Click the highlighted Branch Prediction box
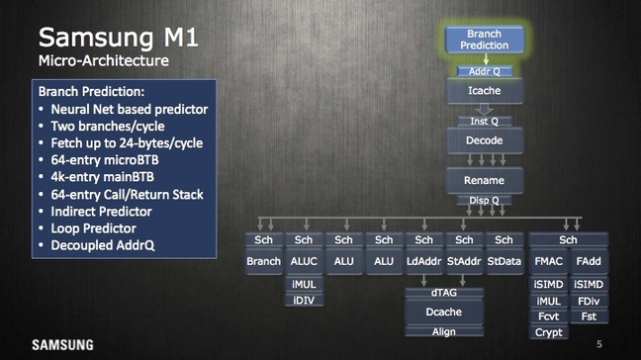[x=485, y=40]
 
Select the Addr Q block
[x=485, y=71]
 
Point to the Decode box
[x=485, y=141]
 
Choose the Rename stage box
[x=485, y=181]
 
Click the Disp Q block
[x=485, y=200]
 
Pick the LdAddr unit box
[x=423, y=261]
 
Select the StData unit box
[x=504, y=261]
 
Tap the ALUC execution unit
[x=304, y=261]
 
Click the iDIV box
[x=304, y=301]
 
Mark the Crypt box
[x=549, y=333]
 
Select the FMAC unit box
[x=549, y=261]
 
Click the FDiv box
[x=589, y=301]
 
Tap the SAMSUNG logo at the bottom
[x=62, y=345]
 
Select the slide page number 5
[x=598, y=344]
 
